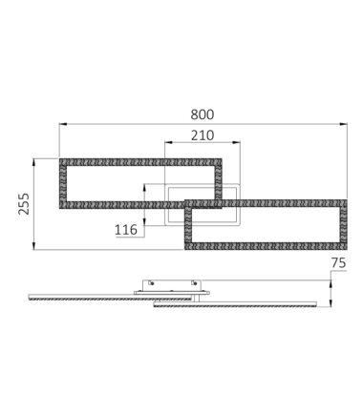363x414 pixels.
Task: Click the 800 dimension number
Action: tap(203, 114)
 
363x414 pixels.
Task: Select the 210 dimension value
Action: tap(203, 135)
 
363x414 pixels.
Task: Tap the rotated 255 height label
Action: tap(24, 204)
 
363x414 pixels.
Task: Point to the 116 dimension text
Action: tap(126, 230)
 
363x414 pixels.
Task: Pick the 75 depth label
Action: tap(338, 263)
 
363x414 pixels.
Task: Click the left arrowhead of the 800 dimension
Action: tap(63, 124)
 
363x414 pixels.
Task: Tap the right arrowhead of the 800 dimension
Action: tap(344, 124)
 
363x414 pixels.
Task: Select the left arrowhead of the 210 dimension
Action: tap(168, 143)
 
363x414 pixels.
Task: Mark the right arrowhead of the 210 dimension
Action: tap(237, 143)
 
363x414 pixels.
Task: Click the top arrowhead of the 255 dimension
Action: tap(33, 162)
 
